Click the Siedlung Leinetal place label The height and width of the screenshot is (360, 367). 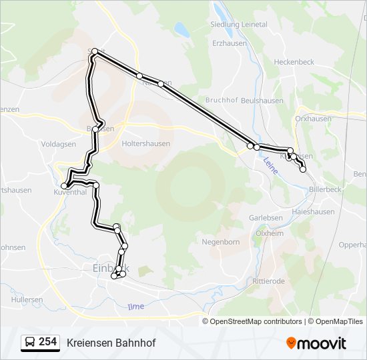239,25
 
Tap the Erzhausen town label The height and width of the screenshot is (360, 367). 230,43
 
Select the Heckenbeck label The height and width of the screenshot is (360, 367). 294,61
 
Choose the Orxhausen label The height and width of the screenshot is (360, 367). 313,119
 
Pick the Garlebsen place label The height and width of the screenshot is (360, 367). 266,218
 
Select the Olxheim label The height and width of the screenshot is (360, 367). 270,233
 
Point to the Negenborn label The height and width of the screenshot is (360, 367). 220,242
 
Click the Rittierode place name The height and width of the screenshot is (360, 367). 268,281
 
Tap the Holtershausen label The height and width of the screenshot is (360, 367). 145,143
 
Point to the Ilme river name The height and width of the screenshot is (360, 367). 135,306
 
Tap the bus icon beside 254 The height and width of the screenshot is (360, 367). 29,342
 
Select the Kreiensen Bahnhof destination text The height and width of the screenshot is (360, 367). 111,343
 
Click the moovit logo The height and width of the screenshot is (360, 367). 316,343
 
